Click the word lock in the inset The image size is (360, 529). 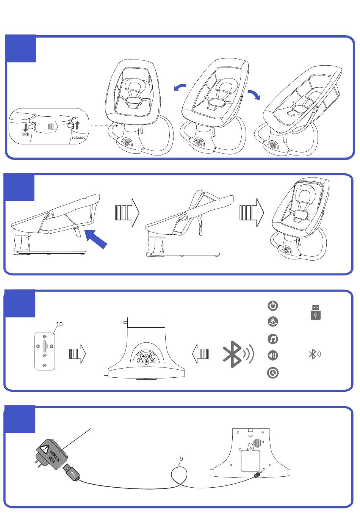25,134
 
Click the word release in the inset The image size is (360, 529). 78,137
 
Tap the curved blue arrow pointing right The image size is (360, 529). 254,95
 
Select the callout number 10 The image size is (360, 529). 59,324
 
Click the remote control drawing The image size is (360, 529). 45,351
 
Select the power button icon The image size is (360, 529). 273,306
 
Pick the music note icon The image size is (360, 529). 273,338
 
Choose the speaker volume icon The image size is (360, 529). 273,355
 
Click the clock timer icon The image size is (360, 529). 273,373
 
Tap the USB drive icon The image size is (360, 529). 316,312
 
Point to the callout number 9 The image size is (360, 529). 181,459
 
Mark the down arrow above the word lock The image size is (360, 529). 25,127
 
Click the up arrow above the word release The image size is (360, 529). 78,125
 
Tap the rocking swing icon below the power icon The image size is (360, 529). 273,322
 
